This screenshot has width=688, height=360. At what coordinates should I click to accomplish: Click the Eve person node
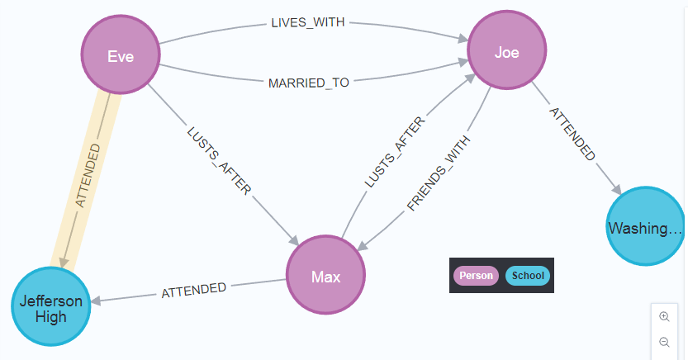pyautogui.click(x=121, y=56)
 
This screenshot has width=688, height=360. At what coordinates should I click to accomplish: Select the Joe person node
pyautogui.click(x=506, y=52)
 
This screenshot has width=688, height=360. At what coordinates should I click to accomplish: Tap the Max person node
pyautogui.click(x=325, y=276)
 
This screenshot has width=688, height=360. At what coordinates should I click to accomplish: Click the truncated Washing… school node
pyautogui.click(x=645, y=226)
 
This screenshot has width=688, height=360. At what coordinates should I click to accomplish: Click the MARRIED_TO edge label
pyautogui.click(x=309, y=83)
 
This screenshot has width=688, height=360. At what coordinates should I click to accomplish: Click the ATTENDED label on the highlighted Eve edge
pyautogui.click(x=87, y=175)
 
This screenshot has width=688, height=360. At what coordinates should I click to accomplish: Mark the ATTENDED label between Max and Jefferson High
pyautogui.click(x=194, y=291)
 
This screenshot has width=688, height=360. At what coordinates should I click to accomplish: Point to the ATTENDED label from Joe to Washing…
pyautogui.click(x=572, y=132)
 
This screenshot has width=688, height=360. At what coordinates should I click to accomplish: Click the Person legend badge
pyautogui.click(x=476, y=276)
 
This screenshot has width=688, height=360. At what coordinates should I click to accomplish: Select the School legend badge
pyautogui.click(x=527, y=276)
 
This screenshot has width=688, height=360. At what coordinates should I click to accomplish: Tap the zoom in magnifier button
pyautogui.click(x=664, y=316)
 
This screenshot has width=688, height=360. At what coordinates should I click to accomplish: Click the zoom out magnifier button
pyautogui.click(x=664, y=342)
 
